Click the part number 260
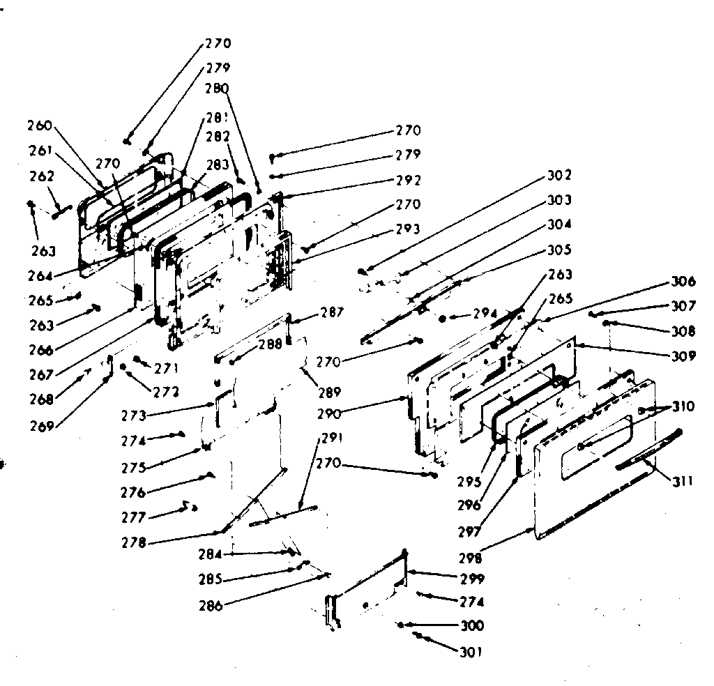coord(40,126)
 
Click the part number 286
coord(210,607)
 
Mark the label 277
coord(132,517)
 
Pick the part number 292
coord(408,180)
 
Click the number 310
coord(683,406)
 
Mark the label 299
coord(471,579)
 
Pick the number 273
coord(133,416)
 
